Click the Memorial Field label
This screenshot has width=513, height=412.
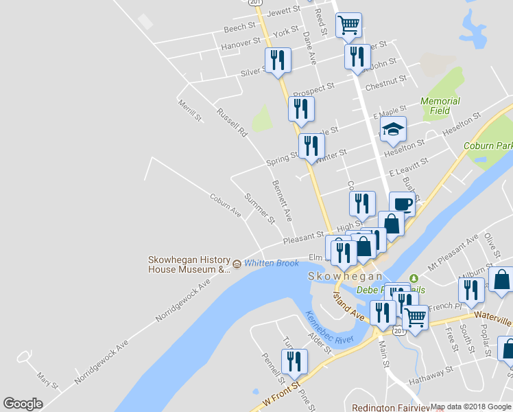pyautogui.click(x=440, y=106)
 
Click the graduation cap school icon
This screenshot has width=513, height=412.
pyautogui.click(x=394, y=129)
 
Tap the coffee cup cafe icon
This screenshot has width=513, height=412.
pyautogui.click(x=402, y=204)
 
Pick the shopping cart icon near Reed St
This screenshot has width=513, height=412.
pyautogui.click(x=348, y=25)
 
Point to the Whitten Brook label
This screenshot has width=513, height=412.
pyautogui.click(x=272, y=264)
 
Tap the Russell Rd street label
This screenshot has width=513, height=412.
pyautogui.click(x=231, y=122)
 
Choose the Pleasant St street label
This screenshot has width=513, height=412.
pyautogui.click(x=304, y=236)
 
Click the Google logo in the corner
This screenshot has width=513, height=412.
pyautogui.click(x=23, y=404)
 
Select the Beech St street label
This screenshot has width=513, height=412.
pyautogui.click(x=239, y=28)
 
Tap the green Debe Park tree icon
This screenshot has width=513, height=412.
pyautogui.click(x=413, y=278)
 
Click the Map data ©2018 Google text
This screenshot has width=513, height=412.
pyautogui.click(x=470, y=407)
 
